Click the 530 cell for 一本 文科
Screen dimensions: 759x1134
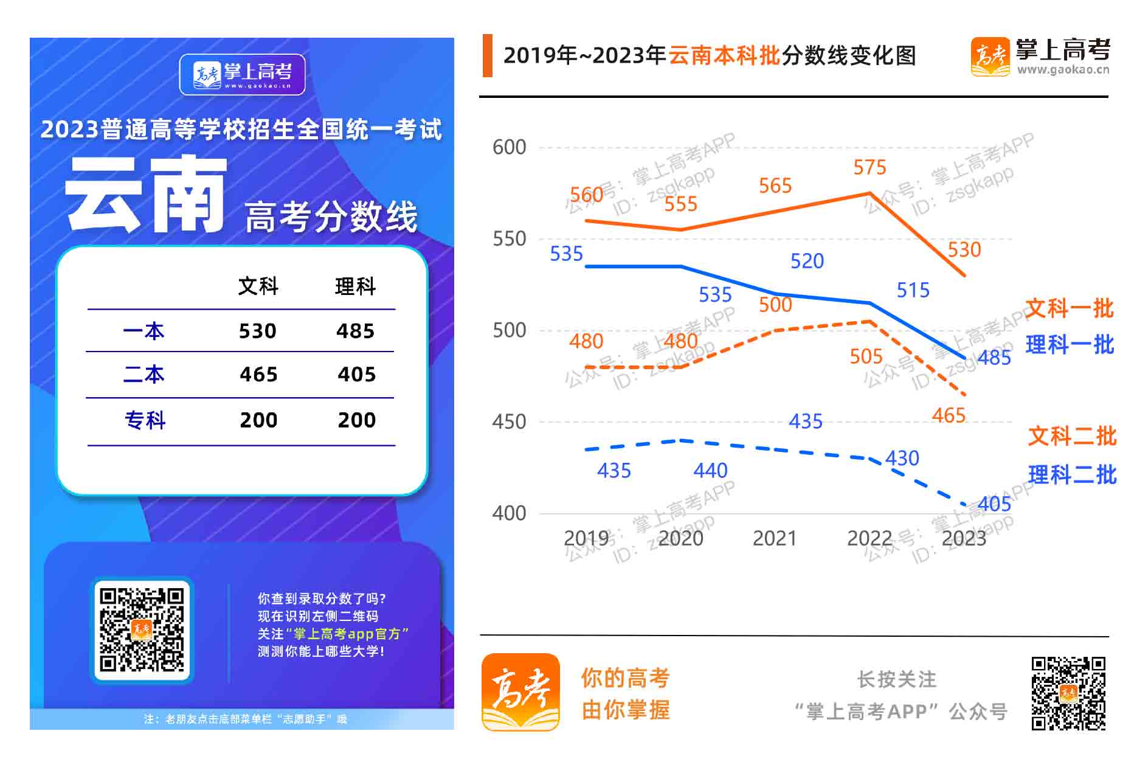pos(257,331)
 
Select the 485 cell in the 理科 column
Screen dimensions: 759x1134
pos(356,331)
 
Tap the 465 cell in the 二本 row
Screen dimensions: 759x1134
pos(258,374)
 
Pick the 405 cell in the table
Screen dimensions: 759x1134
pos(356,374)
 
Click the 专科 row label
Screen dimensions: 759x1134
pos(145,420)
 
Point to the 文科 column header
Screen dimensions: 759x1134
pos(258,286)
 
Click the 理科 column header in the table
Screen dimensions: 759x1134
pos(356,286)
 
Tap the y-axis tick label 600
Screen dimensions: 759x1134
pos(509,147)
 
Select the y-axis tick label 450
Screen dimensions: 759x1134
pos(509,421)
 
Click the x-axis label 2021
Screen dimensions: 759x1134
pos(774,538)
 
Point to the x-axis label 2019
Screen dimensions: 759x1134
pos(586,538)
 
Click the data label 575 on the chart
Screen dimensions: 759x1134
pos(870,167)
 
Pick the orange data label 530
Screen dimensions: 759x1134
pos(964,249)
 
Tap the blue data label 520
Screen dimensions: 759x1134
pos(807,261)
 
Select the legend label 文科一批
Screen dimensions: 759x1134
pos(1069,308)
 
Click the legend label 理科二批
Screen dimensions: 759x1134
pos(1072,474)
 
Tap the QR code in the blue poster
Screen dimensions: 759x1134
pos(142,629)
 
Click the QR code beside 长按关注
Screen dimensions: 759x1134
pos(1068,693)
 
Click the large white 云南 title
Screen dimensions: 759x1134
pos(146,195)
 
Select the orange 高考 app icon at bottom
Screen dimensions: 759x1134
pos(520,692)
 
